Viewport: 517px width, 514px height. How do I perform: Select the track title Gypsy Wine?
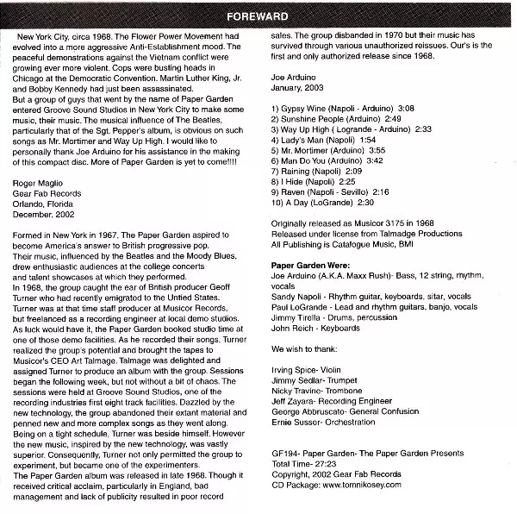coord(308,108)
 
